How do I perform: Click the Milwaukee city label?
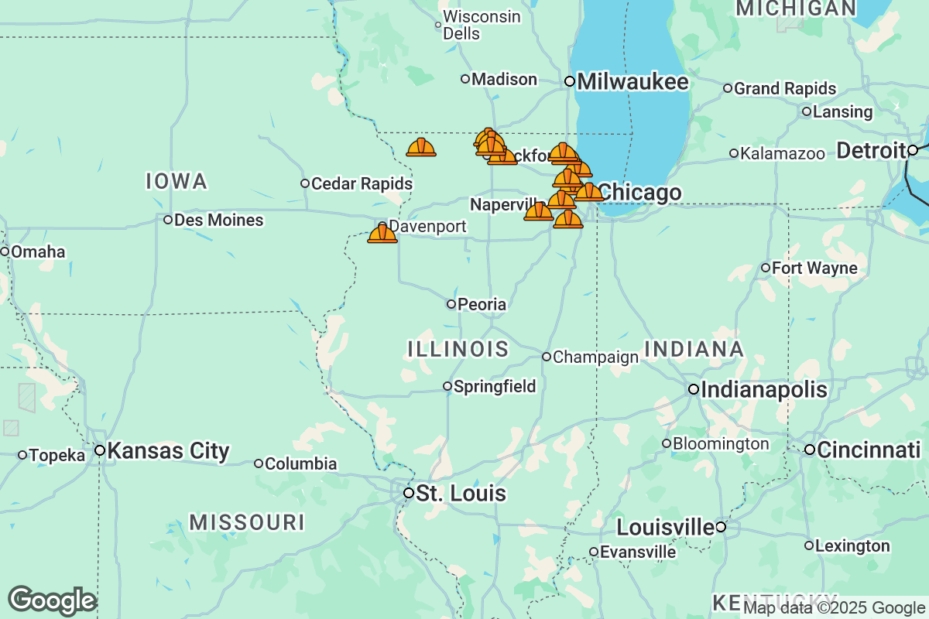point(632,81)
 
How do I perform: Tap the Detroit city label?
point(871,150)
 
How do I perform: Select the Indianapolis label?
point(763,389)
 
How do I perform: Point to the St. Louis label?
point(461,494)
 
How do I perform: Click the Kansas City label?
point(167,451)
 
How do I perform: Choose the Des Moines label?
point(218,221)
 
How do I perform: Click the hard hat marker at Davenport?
point(382,234)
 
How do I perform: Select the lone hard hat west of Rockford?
point(421,147)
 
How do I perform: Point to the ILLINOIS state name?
point(458,349)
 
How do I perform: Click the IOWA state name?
point(177,182)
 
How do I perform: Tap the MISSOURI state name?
point(247,522)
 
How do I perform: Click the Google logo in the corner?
point(52,600)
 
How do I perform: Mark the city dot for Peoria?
point(451,304)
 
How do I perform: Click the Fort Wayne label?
point(814,268)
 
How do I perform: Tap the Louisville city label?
point(664,528)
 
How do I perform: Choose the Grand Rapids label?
point(785,89)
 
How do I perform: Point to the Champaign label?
point(595,357)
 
